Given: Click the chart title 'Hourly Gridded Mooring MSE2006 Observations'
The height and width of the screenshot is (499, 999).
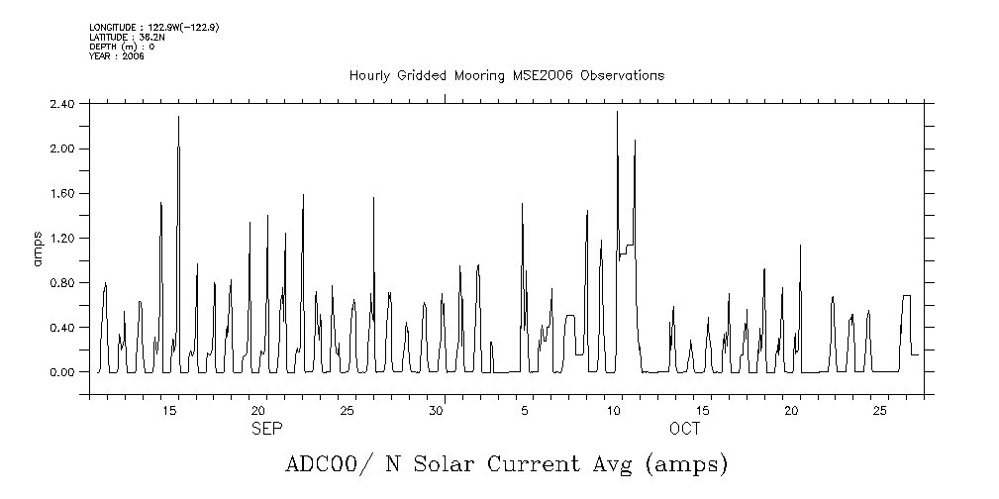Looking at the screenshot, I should (x=506, y=76).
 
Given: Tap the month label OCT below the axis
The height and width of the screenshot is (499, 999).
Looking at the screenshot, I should (x=684, y=429).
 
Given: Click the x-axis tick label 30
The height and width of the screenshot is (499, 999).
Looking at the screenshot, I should (x=435, y=410).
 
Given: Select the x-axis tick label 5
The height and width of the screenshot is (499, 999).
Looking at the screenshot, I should (x=524, y=410).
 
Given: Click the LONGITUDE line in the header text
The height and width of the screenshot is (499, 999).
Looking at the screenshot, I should (x=153, y=28).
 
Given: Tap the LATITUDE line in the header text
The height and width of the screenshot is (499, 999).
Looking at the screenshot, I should (x=125, y=37).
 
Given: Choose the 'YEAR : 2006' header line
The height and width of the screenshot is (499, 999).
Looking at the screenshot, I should (x=117, y=55).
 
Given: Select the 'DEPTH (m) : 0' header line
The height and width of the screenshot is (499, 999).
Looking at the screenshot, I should (x=122, y=47).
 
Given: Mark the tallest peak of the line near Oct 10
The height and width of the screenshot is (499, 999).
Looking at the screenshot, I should (x=617, y=112).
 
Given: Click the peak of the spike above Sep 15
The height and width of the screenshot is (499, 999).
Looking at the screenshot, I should (x=178, y=117).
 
